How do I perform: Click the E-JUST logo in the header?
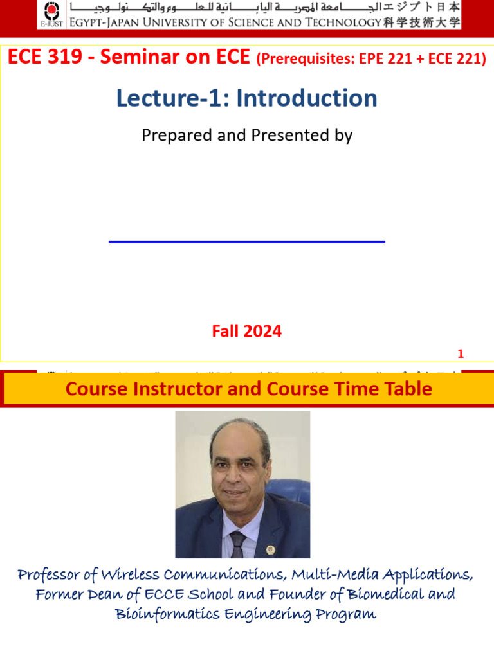click(x=51, y=15)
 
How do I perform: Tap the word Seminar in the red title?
click(x=136, y=58)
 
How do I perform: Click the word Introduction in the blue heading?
click(x=307, y=98)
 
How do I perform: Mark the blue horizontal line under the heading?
click(x=247, y=242)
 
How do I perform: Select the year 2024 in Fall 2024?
click(x=264, y=332)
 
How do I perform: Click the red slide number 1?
click(x=461, y=354)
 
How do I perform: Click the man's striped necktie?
click(x=237, y=544)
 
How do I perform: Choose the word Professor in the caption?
click(x=50, y=574)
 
